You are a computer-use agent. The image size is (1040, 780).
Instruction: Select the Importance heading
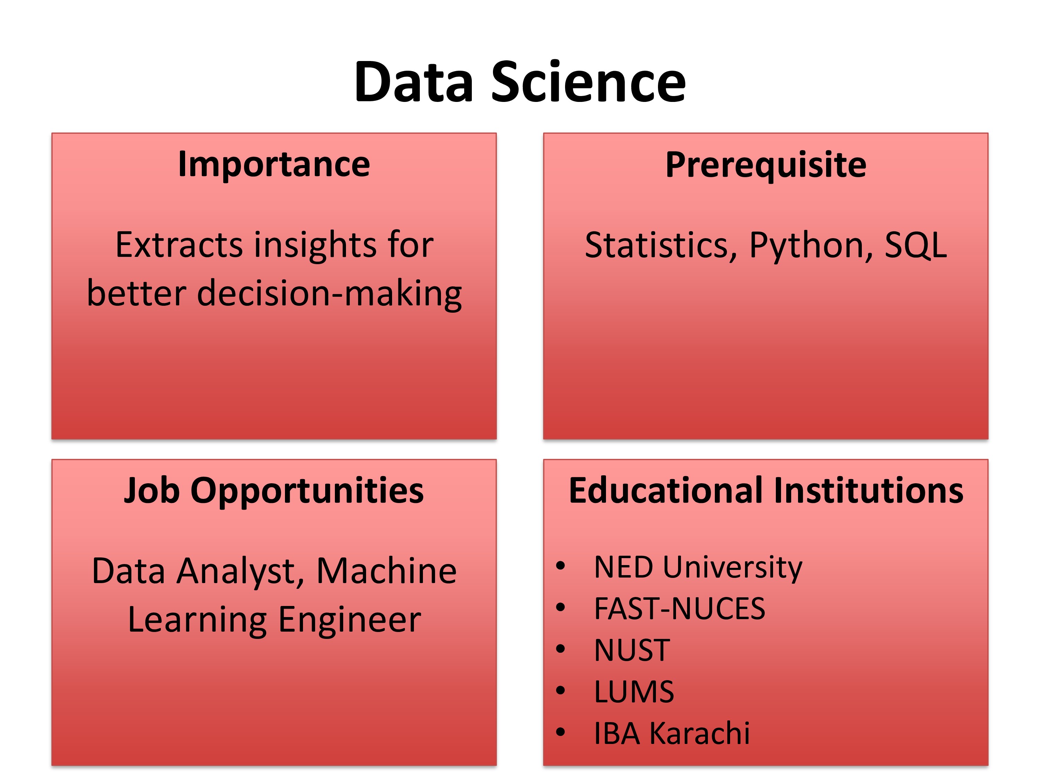coord(274,165)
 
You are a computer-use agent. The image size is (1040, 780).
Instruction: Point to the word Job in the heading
coord(152,491)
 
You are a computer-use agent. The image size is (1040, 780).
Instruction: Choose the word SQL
coord(916,245)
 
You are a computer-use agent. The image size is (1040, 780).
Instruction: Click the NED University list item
coord(698,567)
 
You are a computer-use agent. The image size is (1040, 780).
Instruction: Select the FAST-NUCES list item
coord(679,608)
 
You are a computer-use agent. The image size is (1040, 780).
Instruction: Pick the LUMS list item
coord(634,692)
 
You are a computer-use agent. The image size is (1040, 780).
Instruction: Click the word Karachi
coord(700,733)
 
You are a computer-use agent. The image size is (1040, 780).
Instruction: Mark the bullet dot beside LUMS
coord(560,691)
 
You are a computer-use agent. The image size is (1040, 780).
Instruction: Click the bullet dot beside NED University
coord(560,566)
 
